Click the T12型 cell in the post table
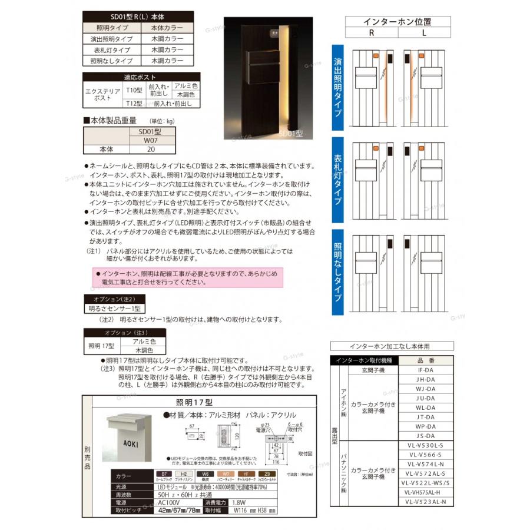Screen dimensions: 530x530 [x=135, y=103]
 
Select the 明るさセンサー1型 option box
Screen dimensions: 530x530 [x=112, y=308]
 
